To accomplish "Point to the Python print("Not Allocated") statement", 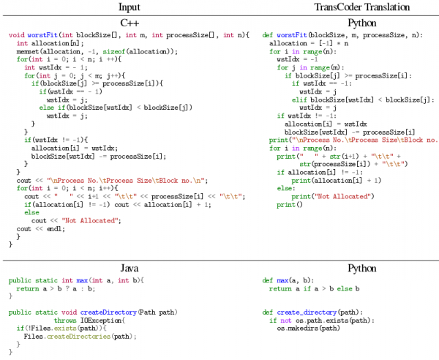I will [x=333, y=196].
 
